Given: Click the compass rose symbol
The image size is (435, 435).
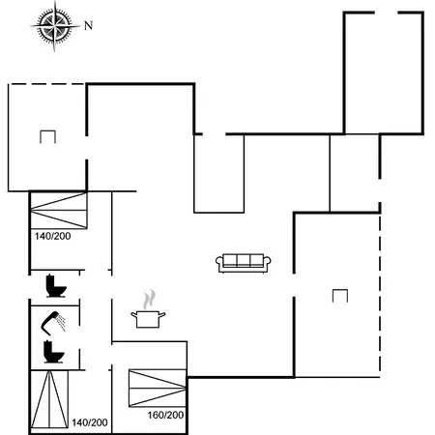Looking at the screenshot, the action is [x=55, y=26].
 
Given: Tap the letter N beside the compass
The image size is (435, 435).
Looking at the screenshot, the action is [x=88, y=26].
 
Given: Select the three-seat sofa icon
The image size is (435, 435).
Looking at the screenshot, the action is [x=244, y=263].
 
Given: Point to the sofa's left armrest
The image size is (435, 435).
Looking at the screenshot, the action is [x=219, y=263].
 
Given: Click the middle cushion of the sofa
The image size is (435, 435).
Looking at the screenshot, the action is [x=244, y=260].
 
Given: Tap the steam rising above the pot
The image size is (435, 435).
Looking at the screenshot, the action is [x=149, y=299].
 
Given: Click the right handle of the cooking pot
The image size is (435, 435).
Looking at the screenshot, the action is [x=162, y=314].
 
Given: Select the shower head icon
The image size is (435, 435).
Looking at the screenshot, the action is [x=50, y=322].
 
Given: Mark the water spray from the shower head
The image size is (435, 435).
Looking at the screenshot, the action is [x=61, y=322].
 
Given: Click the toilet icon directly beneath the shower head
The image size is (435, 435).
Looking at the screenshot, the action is [x=53, y=352].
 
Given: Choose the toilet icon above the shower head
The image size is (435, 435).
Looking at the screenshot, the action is [x=56, y=285].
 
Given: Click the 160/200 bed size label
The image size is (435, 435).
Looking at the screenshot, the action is [x=165, y=415].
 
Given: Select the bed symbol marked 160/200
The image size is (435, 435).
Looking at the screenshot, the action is [x=158, y=389].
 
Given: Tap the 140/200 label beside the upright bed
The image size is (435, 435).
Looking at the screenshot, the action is [x=90, y=422].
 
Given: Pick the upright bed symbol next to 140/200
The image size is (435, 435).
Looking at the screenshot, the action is [x=49, y=399].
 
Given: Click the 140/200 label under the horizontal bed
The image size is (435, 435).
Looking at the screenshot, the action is [x=52, y=236].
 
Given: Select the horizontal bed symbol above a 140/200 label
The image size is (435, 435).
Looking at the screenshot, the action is [x=58, y=211].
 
